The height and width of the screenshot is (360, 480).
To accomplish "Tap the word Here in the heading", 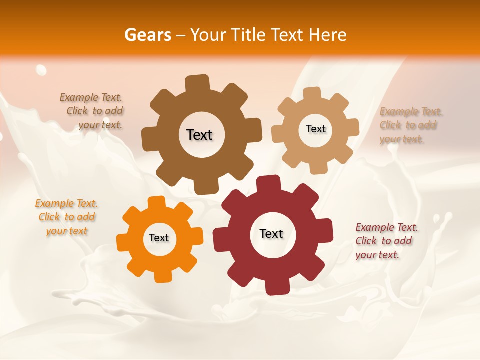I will point(327,35).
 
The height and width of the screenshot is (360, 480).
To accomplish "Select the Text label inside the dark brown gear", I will point(199,135).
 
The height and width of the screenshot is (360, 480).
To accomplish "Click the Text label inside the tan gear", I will point(315,129).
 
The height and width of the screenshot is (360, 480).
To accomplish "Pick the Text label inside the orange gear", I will point(159,238).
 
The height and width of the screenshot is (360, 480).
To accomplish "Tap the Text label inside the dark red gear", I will point(271,234).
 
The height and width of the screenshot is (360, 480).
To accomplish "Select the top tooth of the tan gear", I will point(312,93).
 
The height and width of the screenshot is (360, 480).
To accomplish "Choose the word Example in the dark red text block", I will point(374,228).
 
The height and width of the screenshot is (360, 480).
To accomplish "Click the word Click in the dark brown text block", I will point(78,111).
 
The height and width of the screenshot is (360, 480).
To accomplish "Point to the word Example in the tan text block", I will point(398,111).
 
